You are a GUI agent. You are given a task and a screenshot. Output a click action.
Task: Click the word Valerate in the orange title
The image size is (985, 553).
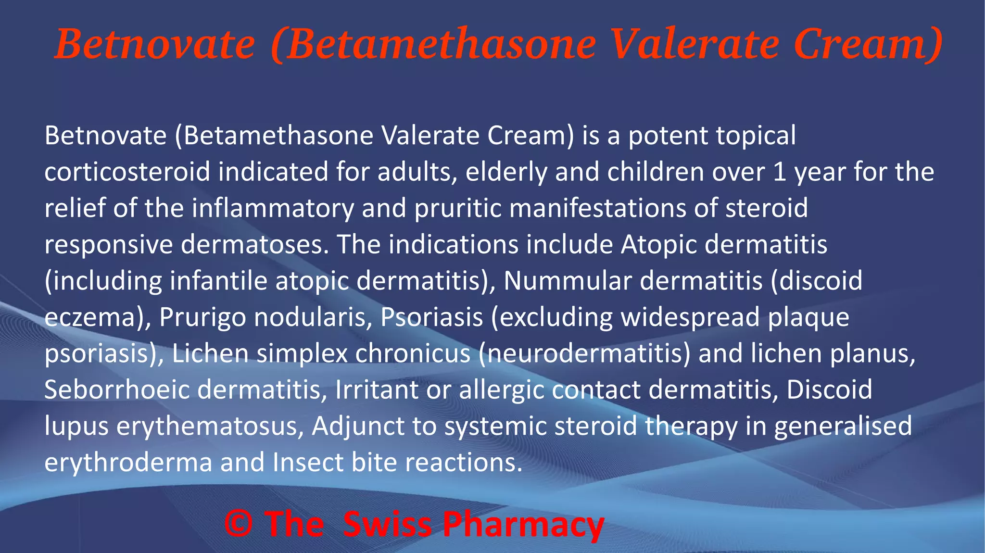pos(695,44)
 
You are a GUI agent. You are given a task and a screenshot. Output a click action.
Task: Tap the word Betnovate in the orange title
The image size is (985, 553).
pos(155,44)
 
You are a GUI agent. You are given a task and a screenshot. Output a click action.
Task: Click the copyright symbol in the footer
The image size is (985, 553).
pos(239,524)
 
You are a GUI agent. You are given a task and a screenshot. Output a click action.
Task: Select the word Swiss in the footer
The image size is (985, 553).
pos(388,524)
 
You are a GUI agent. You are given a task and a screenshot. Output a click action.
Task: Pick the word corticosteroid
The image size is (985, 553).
pos(127,172)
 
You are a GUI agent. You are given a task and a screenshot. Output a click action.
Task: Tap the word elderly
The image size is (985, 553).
pos(506,173)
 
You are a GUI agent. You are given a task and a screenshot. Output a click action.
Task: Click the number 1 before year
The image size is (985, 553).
pos(780,172)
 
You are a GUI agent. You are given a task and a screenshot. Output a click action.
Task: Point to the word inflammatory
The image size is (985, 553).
pos(273,209)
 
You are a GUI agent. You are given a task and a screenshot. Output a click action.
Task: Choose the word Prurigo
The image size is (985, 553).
pos(202,318)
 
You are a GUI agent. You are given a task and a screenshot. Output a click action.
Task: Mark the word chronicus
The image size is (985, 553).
pos(413,353)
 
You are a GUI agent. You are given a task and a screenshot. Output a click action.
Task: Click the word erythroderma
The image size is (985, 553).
pos(128,463)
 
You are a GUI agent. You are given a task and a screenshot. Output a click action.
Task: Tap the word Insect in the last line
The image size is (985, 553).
pos(308,462)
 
